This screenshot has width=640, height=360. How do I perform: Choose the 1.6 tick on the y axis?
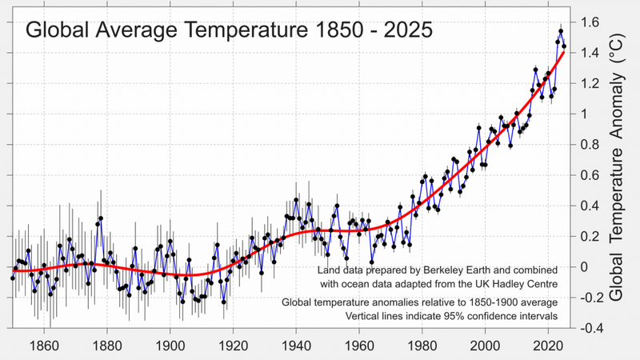point(589,22)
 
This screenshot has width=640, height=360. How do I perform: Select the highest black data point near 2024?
point(561,32)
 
